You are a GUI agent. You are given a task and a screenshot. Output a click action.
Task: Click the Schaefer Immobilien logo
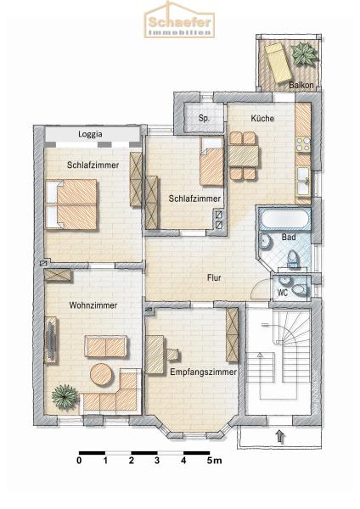(x=179, y=20)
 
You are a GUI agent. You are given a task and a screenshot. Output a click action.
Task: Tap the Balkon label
(x=301, y=85)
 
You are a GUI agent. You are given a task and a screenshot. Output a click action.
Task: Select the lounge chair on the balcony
(x=278, y=63)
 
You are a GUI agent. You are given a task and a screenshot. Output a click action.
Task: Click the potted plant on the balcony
(x=304, y=54)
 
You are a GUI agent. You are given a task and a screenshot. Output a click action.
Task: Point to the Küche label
(x=262, y=119)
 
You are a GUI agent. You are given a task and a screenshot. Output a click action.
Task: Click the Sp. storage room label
(x=204, y=118)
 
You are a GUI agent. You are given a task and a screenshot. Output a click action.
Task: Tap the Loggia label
(x=90, y=134)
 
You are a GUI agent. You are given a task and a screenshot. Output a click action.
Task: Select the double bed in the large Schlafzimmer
(x=71, y=204)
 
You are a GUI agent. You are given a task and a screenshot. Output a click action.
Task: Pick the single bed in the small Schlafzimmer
(x=211, y=161)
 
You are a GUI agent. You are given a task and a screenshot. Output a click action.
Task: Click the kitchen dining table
(x=244, y=156)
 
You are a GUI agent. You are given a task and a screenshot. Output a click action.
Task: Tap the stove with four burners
(x=303, y=145)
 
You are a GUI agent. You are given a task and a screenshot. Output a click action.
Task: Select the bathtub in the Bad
(x=284, y=219)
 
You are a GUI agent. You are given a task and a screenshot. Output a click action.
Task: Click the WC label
(x=283, y=293)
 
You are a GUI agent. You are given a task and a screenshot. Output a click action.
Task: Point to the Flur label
(x=214, y=278)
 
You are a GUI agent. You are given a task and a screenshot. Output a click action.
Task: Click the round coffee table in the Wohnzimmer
(x=102, y=374)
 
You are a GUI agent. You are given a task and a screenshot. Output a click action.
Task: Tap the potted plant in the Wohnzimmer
(x=65, y=397)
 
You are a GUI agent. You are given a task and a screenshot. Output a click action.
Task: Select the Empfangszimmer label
(x=204, y=372)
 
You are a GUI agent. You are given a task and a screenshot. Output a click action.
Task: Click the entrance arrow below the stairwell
(x=280, y=437)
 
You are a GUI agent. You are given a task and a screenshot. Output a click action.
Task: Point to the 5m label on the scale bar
(x=215, y=461)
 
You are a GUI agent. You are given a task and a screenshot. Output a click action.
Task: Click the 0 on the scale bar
(x=79, y=461)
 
